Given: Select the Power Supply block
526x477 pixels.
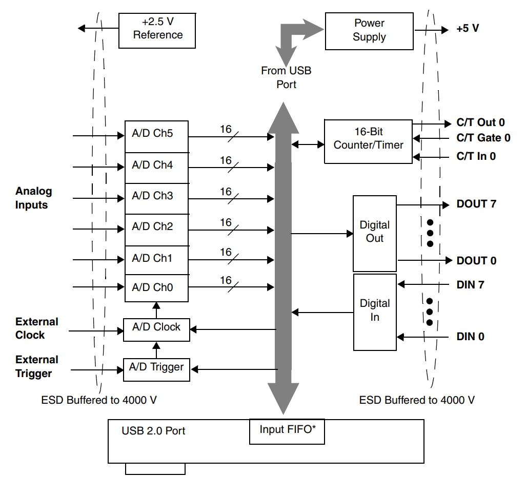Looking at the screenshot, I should point(369,30).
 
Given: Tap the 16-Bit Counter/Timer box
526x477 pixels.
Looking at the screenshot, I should point(368,139).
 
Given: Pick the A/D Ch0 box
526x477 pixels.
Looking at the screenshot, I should point(156,288).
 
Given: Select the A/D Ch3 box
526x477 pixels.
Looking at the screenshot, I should point(156,196).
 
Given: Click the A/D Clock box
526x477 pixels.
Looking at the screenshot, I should point(156,327).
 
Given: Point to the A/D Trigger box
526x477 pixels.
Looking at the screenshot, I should point(156,367).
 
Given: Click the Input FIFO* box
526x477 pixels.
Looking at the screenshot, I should point(286,430).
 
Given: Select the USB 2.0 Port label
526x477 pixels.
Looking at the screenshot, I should point(153,431).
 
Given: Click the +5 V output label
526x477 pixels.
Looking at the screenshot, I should point(467,29).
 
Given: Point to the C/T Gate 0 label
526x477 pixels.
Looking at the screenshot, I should point(483,138).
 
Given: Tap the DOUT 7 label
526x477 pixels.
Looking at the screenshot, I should point(476,204).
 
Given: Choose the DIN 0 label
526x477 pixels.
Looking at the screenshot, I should point(470,337).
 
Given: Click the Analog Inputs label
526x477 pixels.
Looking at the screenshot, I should point(34,198).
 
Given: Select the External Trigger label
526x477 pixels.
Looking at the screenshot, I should point(37,367).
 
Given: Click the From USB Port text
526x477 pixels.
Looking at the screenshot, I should point(286,77).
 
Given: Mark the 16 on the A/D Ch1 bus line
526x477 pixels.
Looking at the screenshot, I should point(226,252).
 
